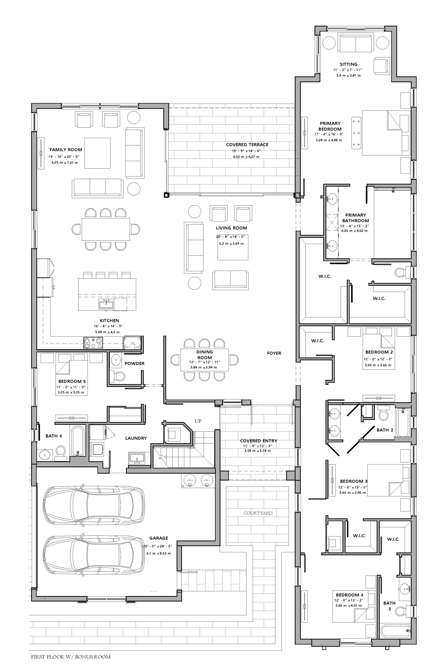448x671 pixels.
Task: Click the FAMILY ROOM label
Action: click(x=66, y=150)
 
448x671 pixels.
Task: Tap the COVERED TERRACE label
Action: click(x=247, y=145)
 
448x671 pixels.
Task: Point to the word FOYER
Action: click(x=274, y=353)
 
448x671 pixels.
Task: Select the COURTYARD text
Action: click(x=258, y=513)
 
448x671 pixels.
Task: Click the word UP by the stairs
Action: click(x=198, y=421)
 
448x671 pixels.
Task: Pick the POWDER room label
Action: click(x=135, y=364)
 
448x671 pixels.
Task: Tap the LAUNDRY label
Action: click(x=136, y=438)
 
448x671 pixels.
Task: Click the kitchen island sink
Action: click(x=106, y=304)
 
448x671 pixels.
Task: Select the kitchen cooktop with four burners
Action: click(x=93, y=343)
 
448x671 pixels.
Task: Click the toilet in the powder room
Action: click(x=117, y=376)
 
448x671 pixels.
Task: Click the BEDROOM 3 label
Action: click(x=354, y=481)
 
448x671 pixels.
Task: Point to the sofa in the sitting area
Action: click(x=356, y=43)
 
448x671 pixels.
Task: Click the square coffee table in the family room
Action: click(x=97, y=153)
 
